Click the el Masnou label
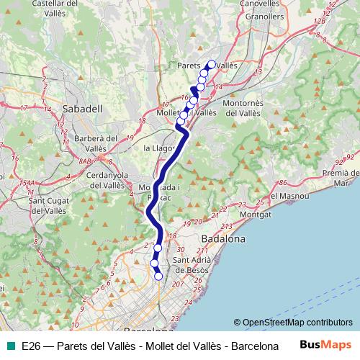coord(288,196)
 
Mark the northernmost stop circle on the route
coord(211,64)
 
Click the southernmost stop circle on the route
coord(158,276)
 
